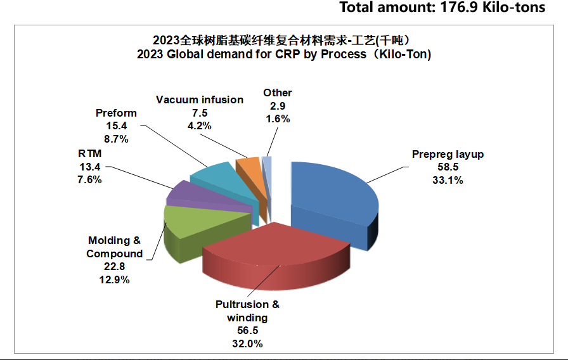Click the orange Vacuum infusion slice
247,166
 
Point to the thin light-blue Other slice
268,164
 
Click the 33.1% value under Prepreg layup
448,180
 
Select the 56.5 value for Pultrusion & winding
247,331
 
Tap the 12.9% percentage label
115,280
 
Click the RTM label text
91,154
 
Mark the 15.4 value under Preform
116,125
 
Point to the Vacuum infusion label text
200,100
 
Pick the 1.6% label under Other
278,119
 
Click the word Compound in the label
115,254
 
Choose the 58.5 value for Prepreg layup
448,167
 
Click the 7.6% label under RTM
91,179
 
